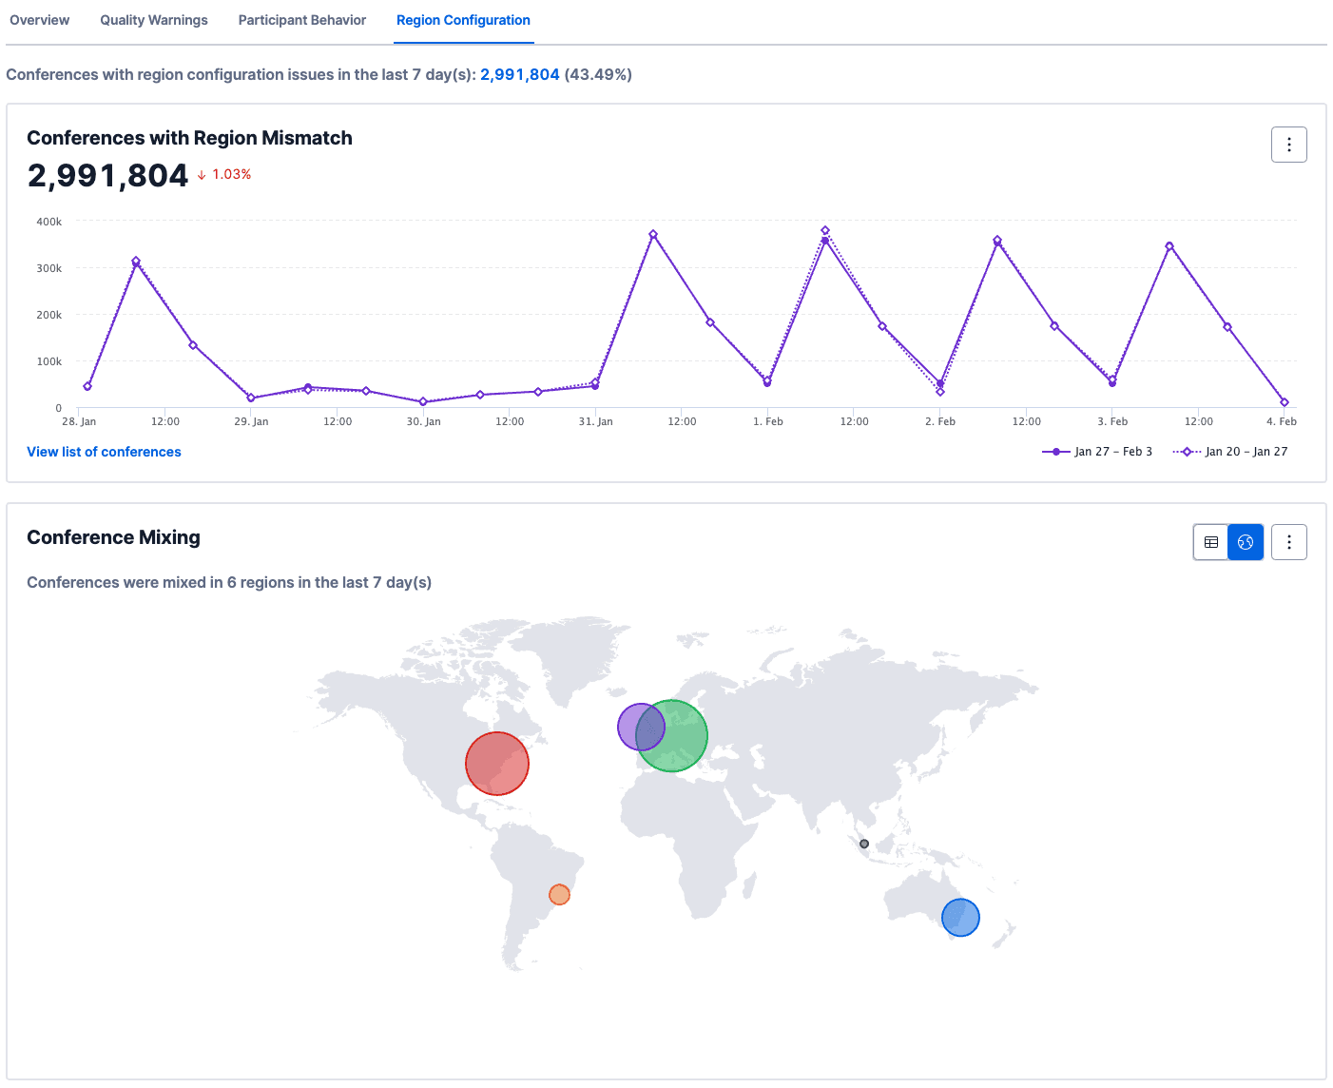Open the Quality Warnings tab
pyautogui.click(x=154, y=20)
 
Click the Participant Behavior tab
pyautogui.click(x=302, y=20)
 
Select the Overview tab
pyautogui.click(x=40, y=20)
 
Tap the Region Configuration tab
pyautogui.click(x=463, y=20)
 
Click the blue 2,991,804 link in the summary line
pyautogui.click(x=520, y=74)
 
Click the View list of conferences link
pyautogui.click(x=104, y=452)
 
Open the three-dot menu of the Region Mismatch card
pyautogui.click(x=1288, y=145)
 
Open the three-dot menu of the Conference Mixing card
pyautogui.click(x=1288, y=542)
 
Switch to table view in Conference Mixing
pyautogui.click(x=1211, y=542)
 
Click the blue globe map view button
pyautogui.click(x=1246, y=542)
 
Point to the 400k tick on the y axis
pyautogui.click(x=49, y=222)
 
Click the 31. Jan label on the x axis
pyautogui.click(x=596, y=421)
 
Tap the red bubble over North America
pyautogui.click(x=497, y=764)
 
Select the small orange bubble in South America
pyautogui.click(x=559, y=895)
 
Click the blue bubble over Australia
pyautogui.click(x=960, y=918)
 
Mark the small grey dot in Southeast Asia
pyautogui.click(x=864, y=844)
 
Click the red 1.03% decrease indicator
pyautogui.click(x=225, y=174)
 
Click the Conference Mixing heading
pyautogui.click(x=113, y=537)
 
